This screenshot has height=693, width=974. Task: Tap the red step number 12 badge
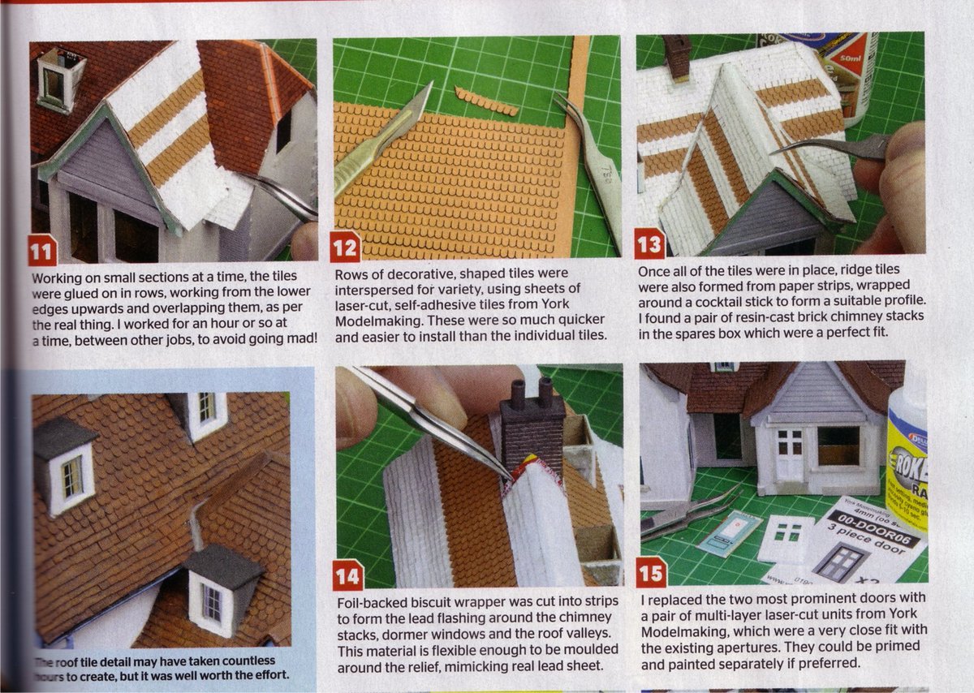[345, 247]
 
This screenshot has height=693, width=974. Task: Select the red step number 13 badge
[649, 243]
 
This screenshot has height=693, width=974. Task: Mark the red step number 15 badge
[652, 571]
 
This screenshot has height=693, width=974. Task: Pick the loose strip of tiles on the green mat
[486, 101]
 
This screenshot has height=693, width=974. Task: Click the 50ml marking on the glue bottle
[851, 61]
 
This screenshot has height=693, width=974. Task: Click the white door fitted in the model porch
[788, 456]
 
